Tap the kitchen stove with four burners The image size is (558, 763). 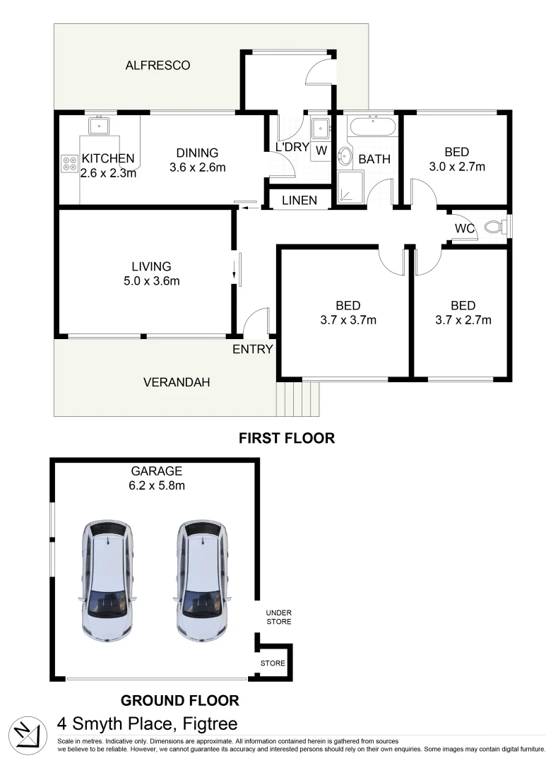(x=70, y=164)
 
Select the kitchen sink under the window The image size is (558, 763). (x=97, y=126)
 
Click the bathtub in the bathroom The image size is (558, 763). (x=372, y=129)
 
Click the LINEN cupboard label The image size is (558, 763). (x=300, y=201)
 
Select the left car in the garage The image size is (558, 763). (x=107, y=580)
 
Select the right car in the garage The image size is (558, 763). (x=202, y=580)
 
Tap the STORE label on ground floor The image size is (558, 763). (x=273, y=663)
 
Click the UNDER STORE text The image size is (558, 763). (x=278, y=617)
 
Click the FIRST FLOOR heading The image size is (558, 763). (x=286, y=438)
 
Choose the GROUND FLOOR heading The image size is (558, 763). (x=179, y=701)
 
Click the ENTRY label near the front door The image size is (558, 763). (x=252, y=349)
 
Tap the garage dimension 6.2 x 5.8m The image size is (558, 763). (x=156, y=485)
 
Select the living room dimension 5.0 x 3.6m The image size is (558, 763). (x=151, y=281)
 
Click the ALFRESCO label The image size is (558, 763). (x=158, y=66)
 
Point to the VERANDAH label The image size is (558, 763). (x=177, y=382)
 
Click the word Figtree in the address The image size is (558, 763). (x=210, y=724)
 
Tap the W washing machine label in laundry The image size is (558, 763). (x=321, y=150)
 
